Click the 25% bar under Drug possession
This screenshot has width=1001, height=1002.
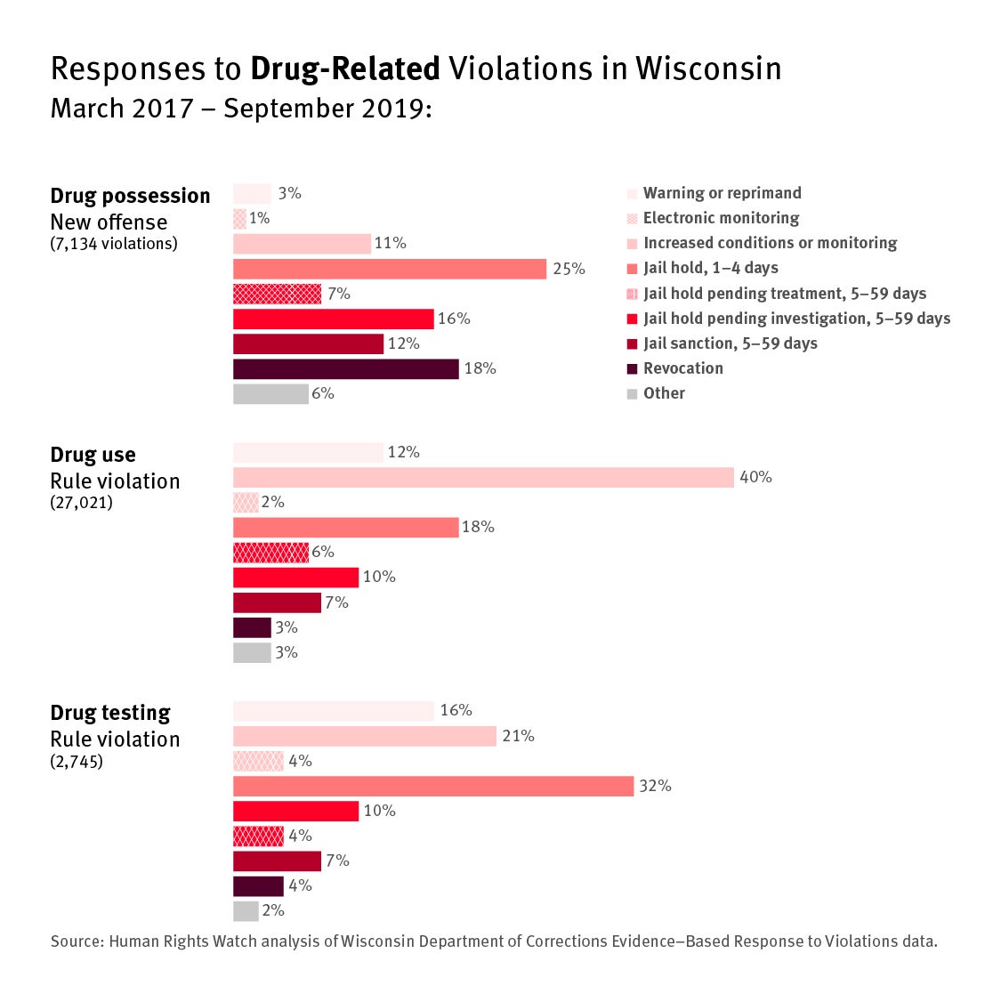[390, 269]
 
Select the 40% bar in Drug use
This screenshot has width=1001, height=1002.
[483, 477]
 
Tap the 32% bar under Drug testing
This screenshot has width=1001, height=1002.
[433, 786]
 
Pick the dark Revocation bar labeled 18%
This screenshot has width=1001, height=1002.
[346, 368]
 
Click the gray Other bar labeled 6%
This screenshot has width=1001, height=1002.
[270, 393]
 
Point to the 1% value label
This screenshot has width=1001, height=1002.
[260, 218]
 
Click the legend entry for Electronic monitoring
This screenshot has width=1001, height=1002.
[721, 218]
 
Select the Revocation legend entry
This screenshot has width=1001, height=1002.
[682, 368]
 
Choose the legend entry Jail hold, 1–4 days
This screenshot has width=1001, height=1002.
[710, 268]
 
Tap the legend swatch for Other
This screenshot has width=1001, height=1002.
[632, 394]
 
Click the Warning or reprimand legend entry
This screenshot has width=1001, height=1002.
[722, 193]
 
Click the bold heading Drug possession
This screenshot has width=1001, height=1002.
[130, 196]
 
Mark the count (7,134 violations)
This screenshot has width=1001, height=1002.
[114, 244]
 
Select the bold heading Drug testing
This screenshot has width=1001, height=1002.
[110, 713]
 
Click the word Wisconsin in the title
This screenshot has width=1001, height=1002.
[708, 69]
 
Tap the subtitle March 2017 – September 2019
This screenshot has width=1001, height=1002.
[240, 109]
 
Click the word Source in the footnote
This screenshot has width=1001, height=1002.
[77, 941]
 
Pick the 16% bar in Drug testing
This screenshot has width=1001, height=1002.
[334, 711]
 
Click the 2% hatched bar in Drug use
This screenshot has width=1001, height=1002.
[246, 502]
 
